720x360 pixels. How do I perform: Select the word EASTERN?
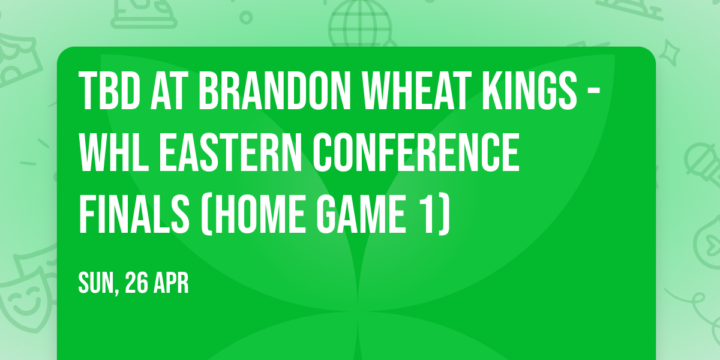[232, 152]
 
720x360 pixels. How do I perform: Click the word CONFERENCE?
[418, 152]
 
